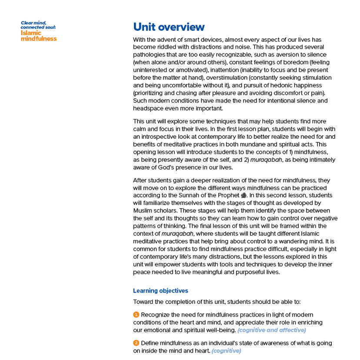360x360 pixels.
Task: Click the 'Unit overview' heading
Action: coord(169,27)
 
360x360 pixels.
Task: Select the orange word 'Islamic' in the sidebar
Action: coord(30,33)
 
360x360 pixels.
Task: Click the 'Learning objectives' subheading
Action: coord(160,290)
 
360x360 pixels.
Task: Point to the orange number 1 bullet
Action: coord(136,314)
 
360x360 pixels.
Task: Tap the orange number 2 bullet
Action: coord(136,343)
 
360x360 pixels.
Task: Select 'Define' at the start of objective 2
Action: coord(150,343)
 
